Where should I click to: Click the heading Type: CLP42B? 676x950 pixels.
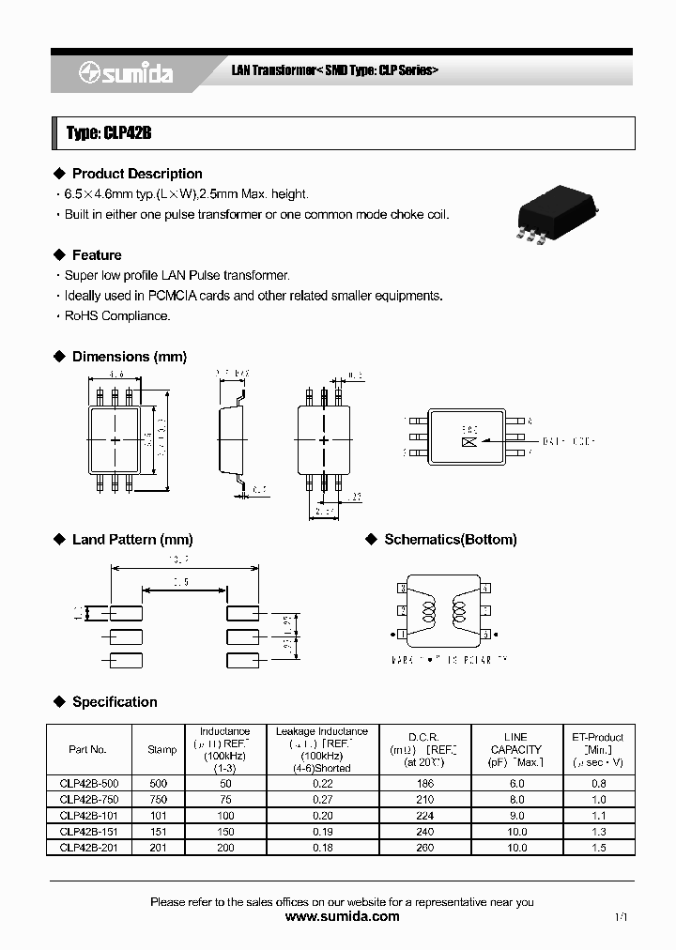point(109,133)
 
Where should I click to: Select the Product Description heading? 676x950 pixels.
point(137,174)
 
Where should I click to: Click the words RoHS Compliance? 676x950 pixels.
point(117,316)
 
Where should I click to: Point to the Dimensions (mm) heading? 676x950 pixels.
point(129,357)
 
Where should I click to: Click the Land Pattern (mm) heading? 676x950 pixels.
point(131,540)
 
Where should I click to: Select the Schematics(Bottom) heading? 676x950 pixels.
point(450,540)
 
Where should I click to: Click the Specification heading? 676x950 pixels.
point(115,702)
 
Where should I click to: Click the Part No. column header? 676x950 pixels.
point(88,749)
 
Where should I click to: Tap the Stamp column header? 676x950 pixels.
point(161,749)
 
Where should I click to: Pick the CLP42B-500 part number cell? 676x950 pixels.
point(88,783)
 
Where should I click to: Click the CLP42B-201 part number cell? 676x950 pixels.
point(88,848)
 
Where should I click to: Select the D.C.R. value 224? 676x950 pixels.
point(424,816)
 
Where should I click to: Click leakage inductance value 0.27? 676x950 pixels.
point(321,800)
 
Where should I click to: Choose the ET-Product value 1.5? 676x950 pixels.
point(598,848)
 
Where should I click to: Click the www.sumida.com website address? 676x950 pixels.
point(342,917)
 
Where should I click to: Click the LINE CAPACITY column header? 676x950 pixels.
point(515,749)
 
